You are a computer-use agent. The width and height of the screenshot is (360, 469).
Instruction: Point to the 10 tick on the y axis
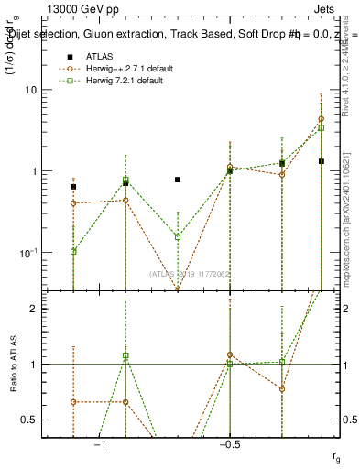pos(36,90)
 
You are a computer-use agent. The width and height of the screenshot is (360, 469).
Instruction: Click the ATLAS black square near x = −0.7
pos(178,180)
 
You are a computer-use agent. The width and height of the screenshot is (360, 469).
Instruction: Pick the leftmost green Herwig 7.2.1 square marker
pos(73,251)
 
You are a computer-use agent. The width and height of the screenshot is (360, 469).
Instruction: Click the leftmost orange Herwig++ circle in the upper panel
pos(73,202)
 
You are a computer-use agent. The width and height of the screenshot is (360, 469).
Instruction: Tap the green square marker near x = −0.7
pos(178,236)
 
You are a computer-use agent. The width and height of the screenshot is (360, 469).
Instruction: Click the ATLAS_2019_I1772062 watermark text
pos(191,273)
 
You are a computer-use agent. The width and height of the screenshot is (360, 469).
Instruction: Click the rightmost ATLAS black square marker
pos(322,161)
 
